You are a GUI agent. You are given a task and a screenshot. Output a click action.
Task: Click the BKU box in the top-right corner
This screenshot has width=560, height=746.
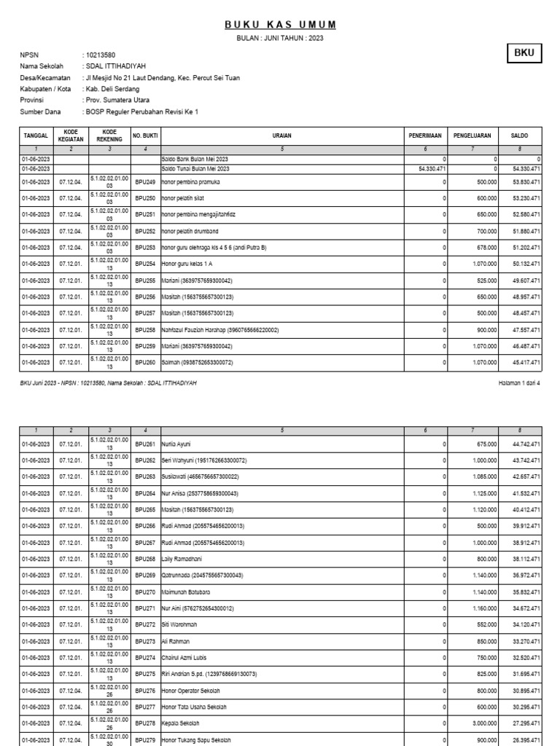pyautogui.click(x=524, y=53)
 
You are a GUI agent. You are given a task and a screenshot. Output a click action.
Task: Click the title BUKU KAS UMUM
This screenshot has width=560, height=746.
pyautogui.click(x=280, y=25)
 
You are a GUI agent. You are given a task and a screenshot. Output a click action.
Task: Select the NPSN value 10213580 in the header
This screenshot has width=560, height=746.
pyautogui.click(x=100, y=55)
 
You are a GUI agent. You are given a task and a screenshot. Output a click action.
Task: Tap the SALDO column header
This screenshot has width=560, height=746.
pyautogui.click(x=519, y=136)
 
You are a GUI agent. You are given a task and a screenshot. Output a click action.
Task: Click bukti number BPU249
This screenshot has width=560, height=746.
pyautogui.click(x=145, y=181)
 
